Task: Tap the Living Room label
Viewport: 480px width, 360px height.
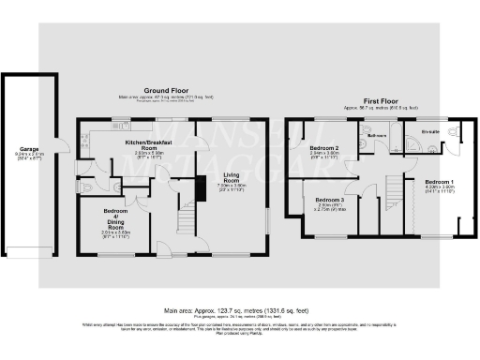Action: point(231,178)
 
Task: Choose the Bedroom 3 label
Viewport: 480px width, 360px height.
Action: point(329,201)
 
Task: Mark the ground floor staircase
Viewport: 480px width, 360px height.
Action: point(186,221)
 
